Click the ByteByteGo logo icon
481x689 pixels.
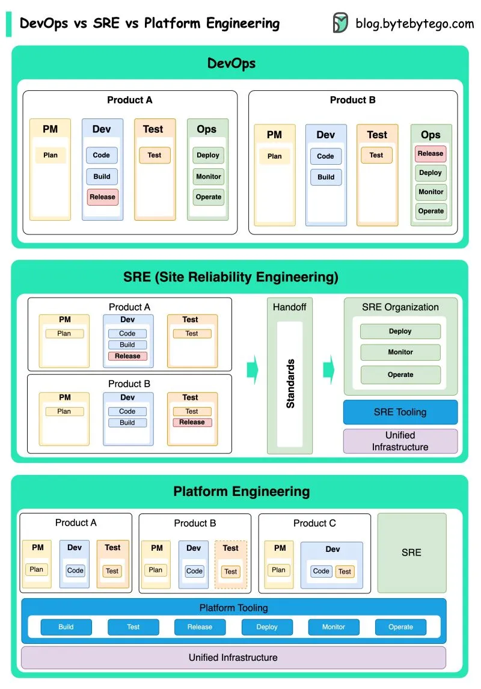[x=340, y=23]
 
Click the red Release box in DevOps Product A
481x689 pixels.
[x=102, y=197]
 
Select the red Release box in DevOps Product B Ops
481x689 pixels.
[x=430, y=154]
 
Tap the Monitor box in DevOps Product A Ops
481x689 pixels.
[x=209, y=177]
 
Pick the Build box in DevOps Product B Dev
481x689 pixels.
[x=326, y=177]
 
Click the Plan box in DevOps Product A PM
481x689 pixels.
[x=51, y=155]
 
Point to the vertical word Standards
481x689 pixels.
[x=290, y=384]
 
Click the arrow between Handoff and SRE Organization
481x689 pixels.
[x=328, y=369]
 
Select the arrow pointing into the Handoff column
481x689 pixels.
[x=253, y=369]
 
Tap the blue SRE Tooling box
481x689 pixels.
[x=400, y=412]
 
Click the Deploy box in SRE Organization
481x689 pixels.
[x=400, y=331]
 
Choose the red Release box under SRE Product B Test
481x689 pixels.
[x=192, y=422]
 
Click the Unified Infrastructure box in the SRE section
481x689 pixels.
[x=400, y=441]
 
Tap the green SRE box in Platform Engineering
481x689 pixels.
[x=412, y=553]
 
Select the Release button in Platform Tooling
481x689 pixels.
[x=200, y=627]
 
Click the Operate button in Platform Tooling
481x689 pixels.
[x=400, y=627]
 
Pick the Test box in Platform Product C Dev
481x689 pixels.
[x=345, y=571]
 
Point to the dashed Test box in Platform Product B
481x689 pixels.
[x=231, y=571]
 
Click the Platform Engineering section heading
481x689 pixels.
[x=241, y=491]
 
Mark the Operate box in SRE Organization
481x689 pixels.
[x=400, y=375]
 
